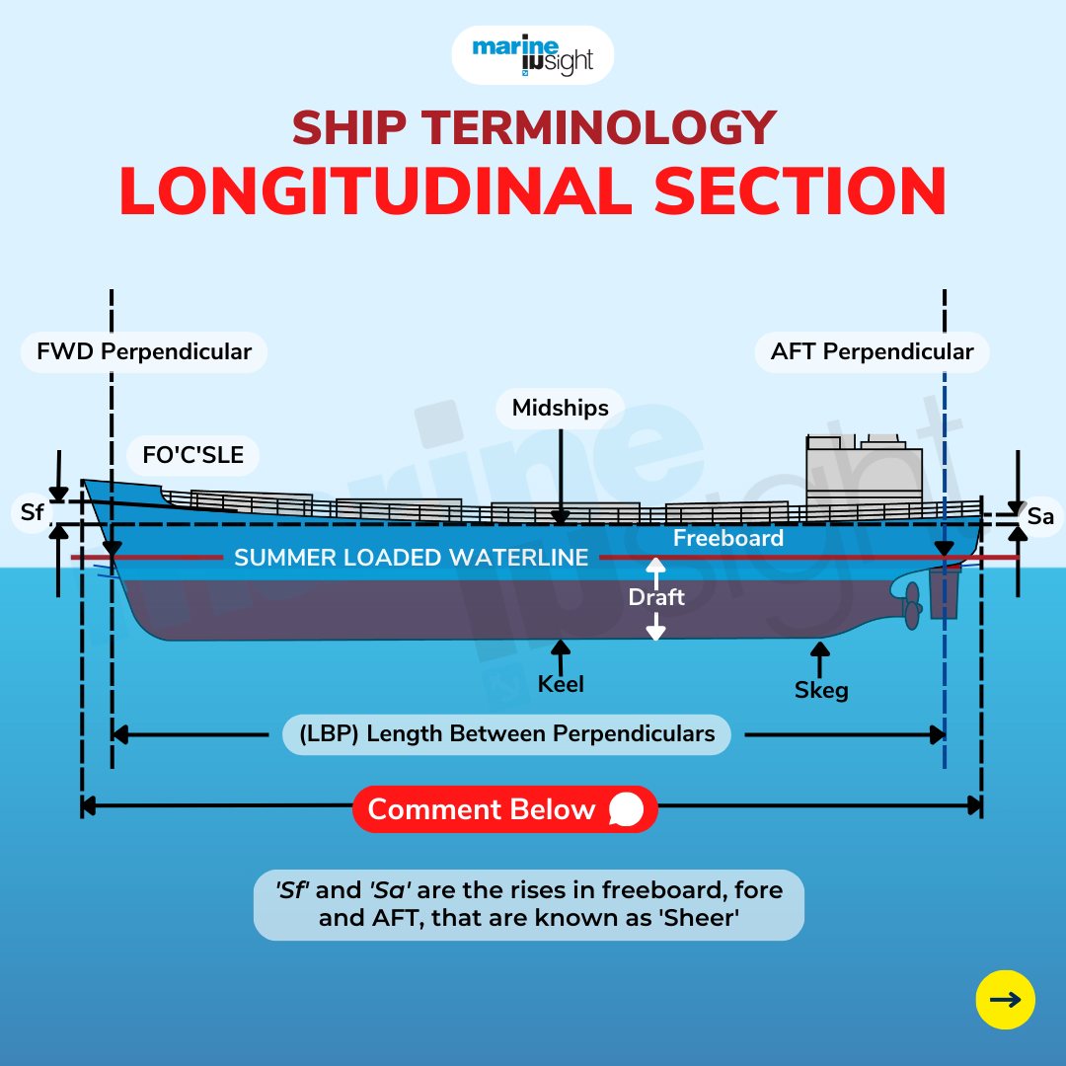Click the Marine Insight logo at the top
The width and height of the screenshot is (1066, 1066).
(x=532, y=55)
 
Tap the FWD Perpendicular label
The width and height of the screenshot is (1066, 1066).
(x=144, y=352)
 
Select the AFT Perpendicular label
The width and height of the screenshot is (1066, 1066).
(x=872, y=352)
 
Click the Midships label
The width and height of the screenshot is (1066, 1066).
(x=561, y=408)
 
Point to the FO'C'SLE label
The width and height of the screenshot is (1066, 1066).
(x=193, y=455)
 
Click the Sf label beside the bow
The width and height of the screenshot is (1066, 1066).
(x=32, y=512)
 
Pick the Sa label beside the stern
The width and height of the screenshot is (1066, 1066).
(x=1040, y=516)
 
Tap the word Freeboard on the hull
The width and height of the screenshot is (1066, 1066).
(x=728, y=539)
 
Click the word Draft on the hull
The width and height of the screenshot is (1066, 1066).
(x=656, y=597)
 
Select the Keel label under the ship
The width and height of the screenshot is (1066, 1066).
(x=561, y=684)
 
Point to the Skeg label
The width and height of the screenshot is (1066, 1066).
(x=821, y=690)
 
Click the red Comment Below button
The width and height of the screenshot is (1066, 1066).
(x=505, y=809)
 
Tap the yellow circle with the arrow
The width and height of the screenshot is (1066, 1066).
(x=1006, y=999)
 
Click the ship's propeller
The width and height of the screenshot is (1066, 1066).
(x=911, y=606)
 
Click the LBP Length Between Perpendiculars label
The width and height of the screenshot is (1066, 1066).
(x=506, y=734)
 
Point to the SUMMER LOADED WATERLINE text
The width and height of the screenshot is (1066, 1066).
(x=412, y=558)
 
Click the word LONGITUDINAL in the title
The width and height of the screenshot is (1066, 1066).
(x=376, y=191)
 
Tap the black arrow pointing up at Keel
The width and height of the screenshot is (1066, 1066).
(x=561, y=656)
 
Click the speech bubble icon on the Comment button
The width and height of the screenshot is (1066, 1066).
(x=626, y=809)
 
